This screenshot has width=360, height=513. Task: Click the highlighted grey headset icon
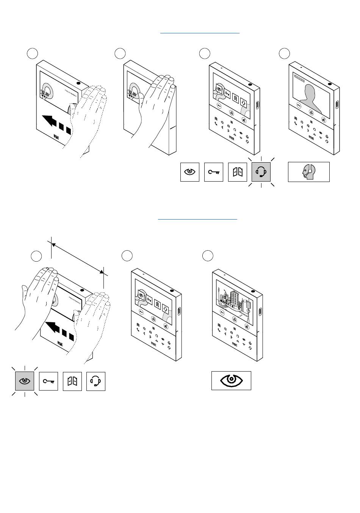pyautogui.click(x=261, y=172)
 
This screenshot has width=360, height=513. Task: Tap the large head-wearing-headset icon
pyautogui.click(x=308, y=172)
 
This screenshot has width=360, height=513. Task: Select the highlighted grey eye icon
pyautogui.click(x=25, y=381)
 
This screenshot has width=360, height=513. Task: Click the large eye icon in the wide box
pyautogui.click(x=231, y=380)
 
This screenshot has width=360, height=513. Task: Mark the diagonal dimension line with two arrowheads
pyautogui.click(x=78, y=258)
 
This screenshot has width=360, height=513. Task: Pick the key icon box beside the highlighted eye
pyautogui.click(x=49, y=381)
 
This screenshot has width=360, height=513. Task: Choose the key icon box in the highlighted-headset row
pyautogui.click(x=214, y=172)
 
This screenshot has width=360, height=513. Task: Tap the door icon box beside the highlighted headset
pyautogui.click(x=238, y=172)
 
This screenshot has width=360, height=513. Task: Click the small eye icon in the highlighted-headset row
pyautogui.click(x=189, y=172)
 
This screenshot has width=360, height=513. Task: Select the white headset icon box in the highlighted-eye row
pyautogui.click(x=96, y=381)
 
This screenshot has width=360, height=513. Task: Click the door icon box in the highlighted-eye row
pyautogui.click(x=72, y=381)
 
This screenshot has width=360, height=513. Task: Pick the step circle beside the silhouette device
pyautogui.click(x=284, y=53)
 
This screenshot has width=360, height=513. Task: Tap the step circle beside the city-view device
pyautogui.click(x=207, y=256)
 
